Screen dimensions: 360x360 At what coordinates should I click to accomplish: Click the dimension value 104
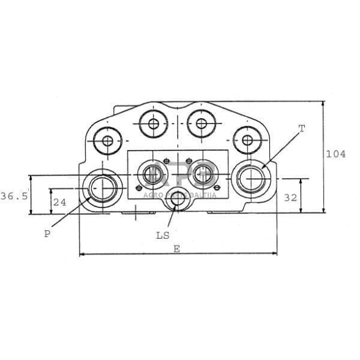point(336,154)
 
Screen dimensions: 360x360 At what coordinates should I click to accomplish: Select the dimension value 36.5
point(14,197)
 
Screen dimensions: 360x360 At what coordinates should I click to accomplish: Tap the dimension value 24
point(60,203)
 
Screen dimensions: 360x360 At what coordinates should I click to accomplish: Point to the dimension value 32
point(290,198)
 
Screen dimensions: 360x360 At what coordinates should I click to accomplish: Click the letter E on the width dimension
point(176,249)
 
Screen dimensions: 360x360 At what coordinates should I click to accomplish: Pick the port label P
point(47,234)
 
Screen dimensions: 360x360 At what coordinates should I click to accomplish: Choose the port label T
point(302,129)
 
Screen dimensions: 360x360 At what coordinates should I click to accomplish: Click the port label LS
point(163,236)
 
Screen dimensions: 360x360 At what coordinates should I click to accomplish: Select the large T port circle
point(231,178)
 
